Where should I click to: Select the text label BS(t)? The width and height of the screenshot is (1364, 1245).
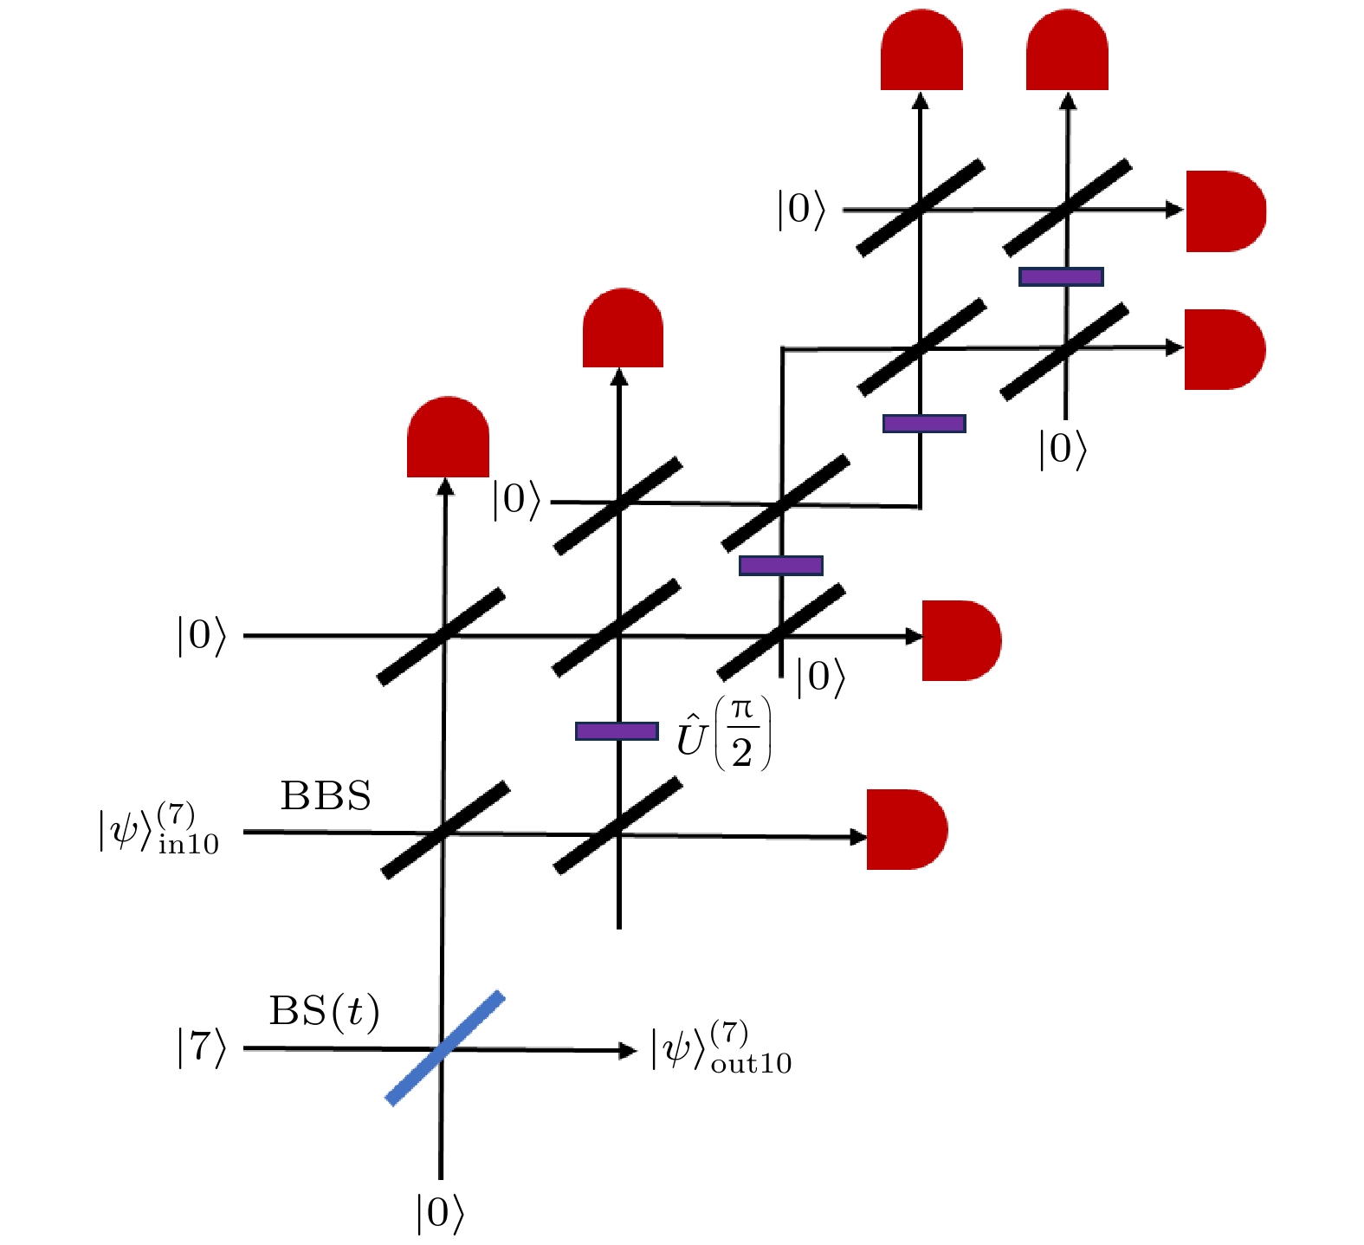click(x=324, y=1010)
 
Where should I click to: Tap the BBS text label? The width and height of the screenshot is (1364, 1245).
click(x=326, y=795)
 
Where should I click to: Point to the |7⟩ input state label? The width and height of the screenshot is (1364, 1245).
click(x=202, y=1047)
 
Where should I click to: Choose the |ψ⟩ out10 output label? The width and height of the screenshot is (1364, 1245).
click(x=721, y=1049)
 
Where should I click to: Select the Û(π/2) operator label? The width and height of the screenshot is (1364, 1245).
click(x=723, y=734)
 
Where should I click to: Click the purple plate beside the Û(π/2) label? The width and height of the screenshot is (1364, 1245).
click(x=617, y=731)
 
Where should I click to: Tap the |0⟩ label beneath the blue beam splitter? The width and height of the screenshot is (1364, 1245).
click(x=440, y=1213)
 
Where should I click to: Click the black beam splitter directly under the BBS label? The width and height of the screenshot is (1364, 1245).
click(x=445, y=830)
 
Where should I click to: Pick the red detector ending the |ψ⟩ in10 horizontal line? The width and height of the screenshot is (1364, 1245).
click(x=906, y=829)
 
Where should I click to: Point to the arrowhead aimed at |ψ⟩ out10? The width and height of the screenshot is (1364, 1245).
click(x=628, y=1051)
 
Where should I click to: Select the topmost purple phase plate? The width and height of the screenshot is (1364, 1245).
click(x=1061, y=276)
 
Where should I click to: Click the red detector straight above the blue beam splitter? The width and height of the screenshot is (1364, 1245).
click(x=448, y=438)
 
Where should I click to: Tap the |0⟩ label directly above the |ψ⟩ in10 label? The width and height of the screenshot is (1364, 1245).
click(x=202, y=635)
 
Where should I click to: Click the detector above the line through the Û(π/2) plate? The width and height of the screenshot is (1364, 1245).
click(x=623, y=329)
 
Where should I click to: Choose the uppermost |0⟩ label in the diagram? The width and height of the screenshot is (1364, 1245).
click(x=801, y=210)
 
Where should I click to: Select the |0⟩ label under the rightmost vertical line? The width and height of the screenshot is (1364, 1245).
click(x=1063, y=450)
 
